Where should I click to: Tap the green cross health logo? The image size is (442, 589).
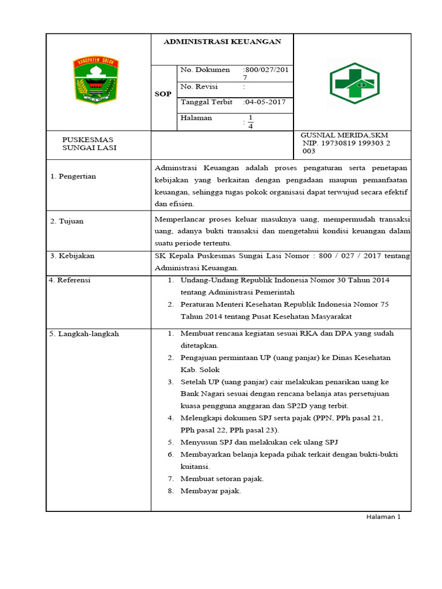pyautogui.click(x=354, y=83)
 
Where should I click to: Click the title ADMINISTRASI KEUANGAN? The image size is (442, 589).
pyautogui.click(x=222, y=42)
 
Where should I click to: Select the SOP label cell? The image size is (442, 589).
pyautogui.click(x=163, y=94)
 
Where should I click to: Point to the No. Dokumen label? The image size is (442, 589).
pyautogui.click(x=205, y=70)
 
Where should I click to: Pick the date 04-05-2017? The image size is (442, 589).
pyautogui.click(x=266, y=102)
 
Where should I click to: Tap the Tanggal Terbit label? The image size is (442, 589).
pyautogui.click(x=207, y=102)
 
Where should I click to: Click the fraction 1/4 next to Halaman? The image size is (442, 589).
pyautogui.click(x=250, y=122)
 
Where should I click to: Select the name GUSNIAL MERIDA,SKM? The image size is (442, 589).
pyautogui.click(x=344, y=135)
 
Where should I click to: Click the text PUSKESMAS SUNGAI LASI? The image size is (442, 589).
pyautogui.click(x=89, y=143)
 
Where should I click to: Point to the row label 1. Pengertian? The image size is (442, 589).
pyautogui.click(x=73, y=177)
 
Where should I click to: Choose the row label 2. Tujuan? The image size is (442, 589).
pyautogui.click(x=67, y=221)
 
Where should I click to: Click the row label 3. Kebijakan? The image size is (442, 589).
pyautogui.click(x=72, y=255)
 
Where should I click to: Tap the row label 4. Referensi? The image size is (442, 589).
pyautogui.click(x=70, y=281)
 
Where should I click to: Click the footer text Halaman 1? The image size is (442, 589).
pyautogui.click(x=383, y=517)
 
